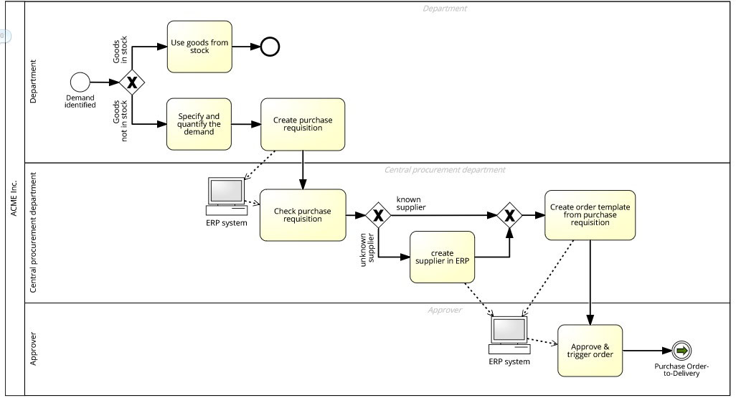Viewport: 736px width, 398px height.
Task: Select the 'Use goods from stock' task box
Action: pyautogui.click(x=199, y=47)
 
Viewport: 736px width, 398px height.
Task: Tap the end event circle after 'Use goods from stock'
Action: pyautogui.click(x=270, y=47)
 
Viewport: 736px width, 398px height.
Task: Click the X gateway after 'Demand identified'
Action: pyautogui.click(x=132, y=82)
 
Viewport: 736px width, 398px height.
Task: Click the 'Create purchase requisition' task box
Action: pyautogui.click(x=303, y=124)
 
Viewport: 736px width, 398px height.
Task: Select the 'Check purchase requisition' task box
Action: pyautogui.click(x=303, y=214)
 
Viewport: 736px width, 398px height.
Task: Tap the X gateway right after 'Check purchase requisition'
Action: pyautogui.click(x=378, y=214)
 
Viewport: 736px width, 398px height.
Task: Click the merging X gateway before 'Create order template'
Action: pyautogui.click(x=509, y=214)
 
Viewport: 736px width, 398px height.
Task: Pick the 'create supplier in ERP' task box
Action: pyautogui.click(x=442, y=256)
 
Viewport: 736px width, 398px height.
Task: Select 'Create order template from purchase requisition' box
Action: pyautogui.click(x=590, y=214)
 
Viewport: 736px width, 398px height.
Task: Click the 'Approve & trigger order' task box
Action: pyautogui.click(x=590, y=350)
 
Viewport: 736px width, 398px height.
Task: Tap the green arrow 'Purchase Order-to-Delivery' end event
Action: pyautogui.click(x=681, y=350)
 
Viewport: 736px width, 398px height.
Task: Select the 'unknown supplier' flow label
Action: pyautogui.click(x=367, y=251)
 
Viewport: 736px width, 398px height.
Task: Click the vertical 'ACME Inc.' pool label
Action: pyautogui.click(x=14, y=199)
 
